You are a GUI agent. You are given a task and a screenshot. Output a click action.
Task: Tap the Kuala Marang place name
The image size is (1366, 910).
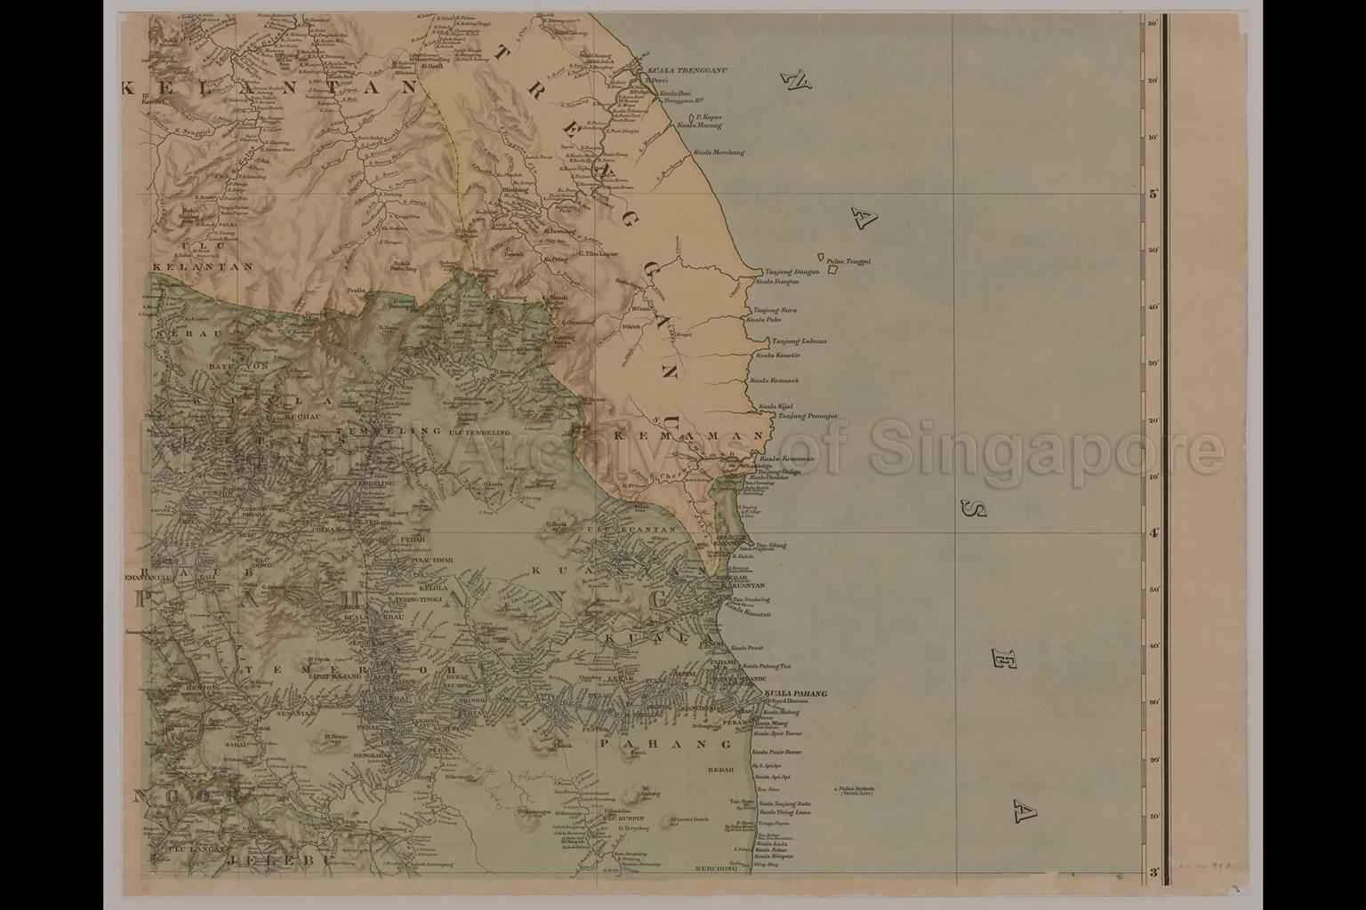click(699, 125)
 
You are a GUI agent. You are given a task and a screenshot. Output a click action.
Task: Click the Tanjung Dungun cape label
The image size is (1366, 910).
click(791, 272)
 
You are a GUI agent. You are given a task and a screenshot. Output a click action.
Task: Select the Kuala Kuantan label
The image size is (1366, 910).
click(748, 614)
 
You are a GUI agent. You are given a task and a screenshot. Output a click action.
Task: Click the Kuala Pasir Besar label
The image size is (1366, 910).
click(778, 752)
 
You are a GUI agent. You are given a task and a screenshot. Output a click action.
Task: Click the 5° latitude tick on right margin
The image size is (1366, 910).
click(1153, 194)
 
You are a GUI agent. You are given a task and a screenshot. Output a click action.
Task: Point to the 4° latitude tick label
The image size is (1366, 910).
click(1153, 533)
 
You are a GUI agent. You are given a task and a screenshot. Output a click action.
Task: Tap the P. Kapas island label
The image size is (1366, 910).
click(707, 117)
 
